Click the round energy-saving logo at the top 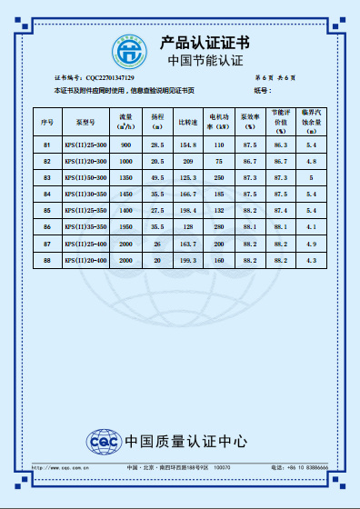click(130, 49)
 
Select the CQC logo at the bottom click(102, 441)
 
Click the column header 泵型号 click(85, 121)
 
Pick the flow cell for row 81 click(125, 145)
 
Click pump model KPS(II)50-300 click(85, 178)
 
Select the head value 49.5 click(157, 178)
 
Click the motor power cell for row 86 click(219, 227)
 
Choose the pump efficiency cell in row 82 click(250, 162)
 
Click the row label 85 click(47, 211)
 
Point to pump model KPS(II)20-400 click(85, 261)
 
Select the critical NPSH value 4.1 click(312, 227)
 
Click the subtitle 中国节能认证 click(206, 61)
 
